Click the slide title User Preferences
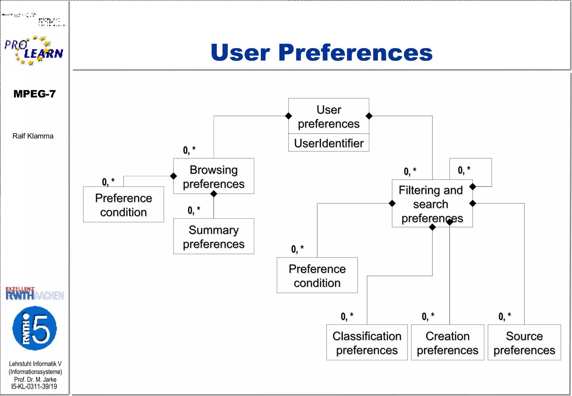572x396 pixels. pos(321,53)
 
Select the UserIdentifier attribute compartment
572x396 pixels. pos(328,143)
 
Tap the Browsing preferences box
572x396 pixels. pos(214,176)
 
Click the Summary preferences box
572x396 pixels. pos(214,237)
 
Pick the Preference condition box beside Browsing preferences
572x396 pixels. pos(123,205)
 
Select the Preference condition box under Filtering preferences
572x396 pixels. pos(317,275)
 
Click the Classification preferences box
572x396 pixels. pos(367,343)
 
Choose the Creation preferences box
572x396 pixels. pos(447,343)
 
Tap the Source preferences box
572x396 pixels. pos(524,343)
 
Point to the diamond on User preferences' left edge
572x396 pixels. pos(289,116)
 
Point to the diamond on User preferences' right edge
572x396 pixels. pos(369,116)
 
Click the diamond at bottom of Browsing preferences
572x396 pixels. pos(214,194)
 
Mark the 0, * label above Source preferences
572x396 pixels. pos(505,316)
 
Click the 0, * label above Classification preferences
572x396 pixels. pos(347,316)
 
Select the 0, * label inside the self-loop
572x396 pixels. pos(464,170)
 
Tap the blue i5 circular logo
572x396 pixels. pos(35,328)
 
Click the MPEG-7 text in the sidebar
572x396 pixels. pos(35,94)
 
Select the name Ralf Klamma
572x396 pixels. pos(33,136)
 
